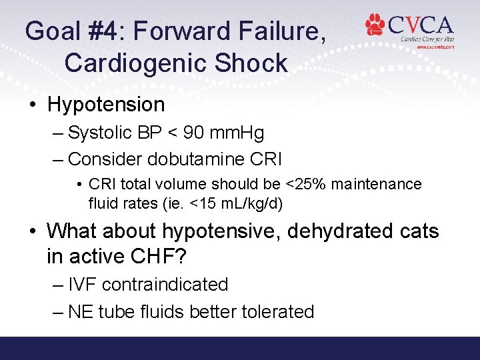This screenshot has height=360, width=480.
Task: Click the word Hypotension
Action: pos(106,105)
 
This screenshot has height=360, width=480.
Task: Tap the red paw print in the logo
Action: pos(375,25)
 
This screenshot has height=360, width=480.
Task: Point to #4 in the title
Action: pos(113,31)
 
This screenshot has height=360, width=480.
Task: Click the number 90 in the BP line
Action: pos(194,133)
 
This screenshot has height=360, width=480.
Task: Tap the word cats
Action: pos(417,231)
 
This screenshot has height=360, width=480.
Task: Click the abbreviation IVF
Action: pos(82,285)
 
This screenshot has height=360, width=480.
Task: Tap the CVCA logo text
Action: pos(420,25)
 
